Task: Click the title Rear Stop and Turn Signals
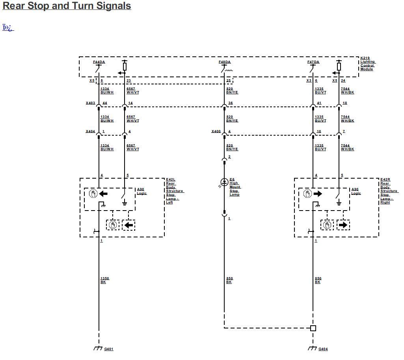67,6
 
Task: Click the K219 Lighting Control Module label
367,63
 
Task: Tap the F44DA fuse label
99,62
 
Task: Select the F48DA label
225,62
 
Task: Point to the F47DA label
313,62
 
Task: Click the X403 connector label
91,103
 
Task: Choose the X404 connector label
91,131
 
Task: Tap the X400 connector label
216,131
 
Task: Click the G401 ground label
109,349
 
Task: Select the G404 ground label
323,349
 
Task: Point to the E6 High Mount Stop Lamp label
235,187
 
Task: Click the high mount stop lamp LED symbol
224,182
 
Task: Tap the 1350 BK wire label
104,280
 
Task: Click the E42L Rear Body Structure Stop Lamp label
174,190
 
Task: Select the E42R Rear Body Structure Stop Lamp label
389,190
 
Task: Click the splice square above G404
313,328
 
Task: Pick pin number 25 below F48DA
228,80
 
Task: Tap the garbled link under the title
8,28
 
